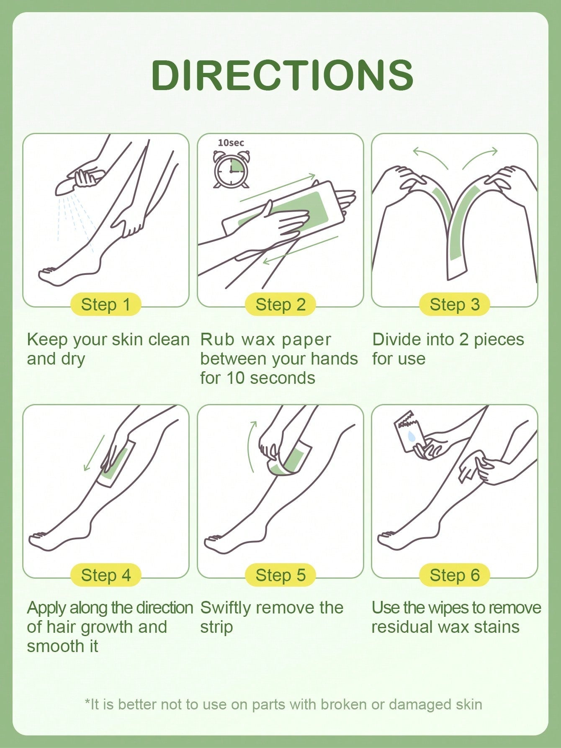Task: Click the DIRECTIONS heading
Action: [x=283, y=75]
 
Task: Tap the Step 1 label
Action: [x=106, y=304]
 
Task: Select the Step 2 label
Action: [x=280, y=304]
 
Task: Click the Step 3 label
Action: [x=455, y=304]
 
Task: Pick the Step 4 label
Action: [x=106, y=575]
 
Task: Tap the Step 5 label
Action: [x=280, y=575]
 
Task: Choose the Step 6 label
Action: [x=455, y=575]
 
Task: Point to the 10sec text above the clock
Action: [x=231, y=143]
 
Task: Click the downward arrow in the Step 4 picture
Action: [x=94, y=453]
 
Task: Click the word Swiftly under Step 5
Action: [x=225, y=608]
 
